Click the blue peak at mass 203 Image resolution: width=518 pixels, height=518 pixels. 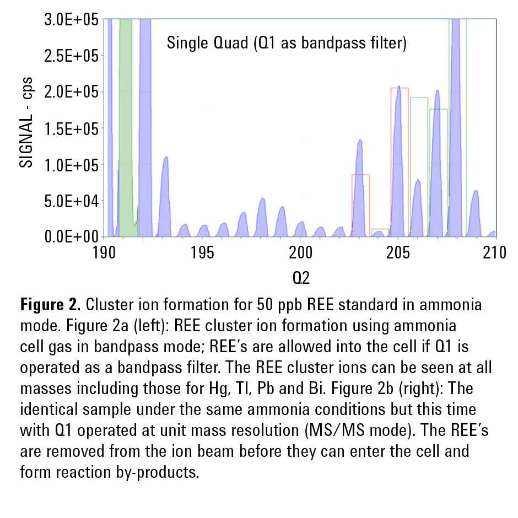[360, 187]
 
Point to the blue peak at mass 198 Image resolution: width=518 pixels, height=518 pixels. [263, 218]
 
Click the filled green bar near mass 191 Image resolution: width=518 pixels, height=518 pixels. [126, 110]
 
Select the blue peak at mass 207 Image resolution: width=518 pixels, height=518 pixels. [437, 165]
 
